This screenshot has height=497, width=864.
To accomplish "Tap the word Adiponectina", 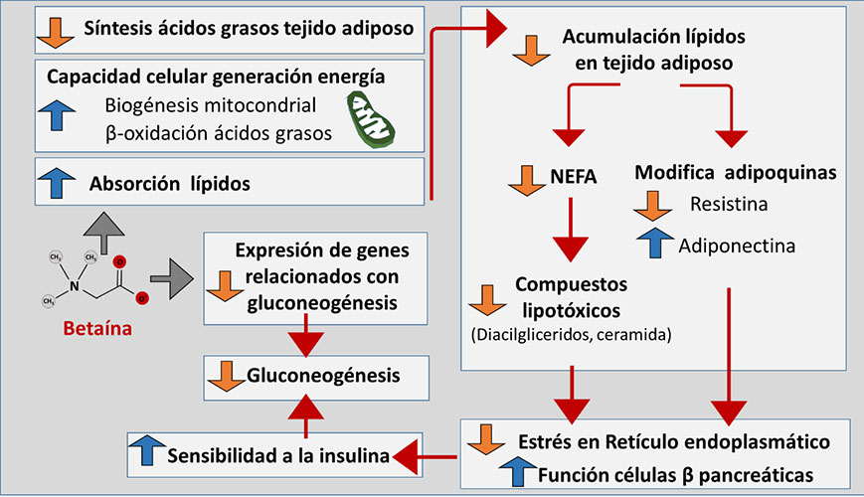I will (738, 244).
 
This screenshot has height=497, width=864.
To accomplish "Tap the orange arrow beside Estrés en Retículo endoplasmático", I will (488, 438).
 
